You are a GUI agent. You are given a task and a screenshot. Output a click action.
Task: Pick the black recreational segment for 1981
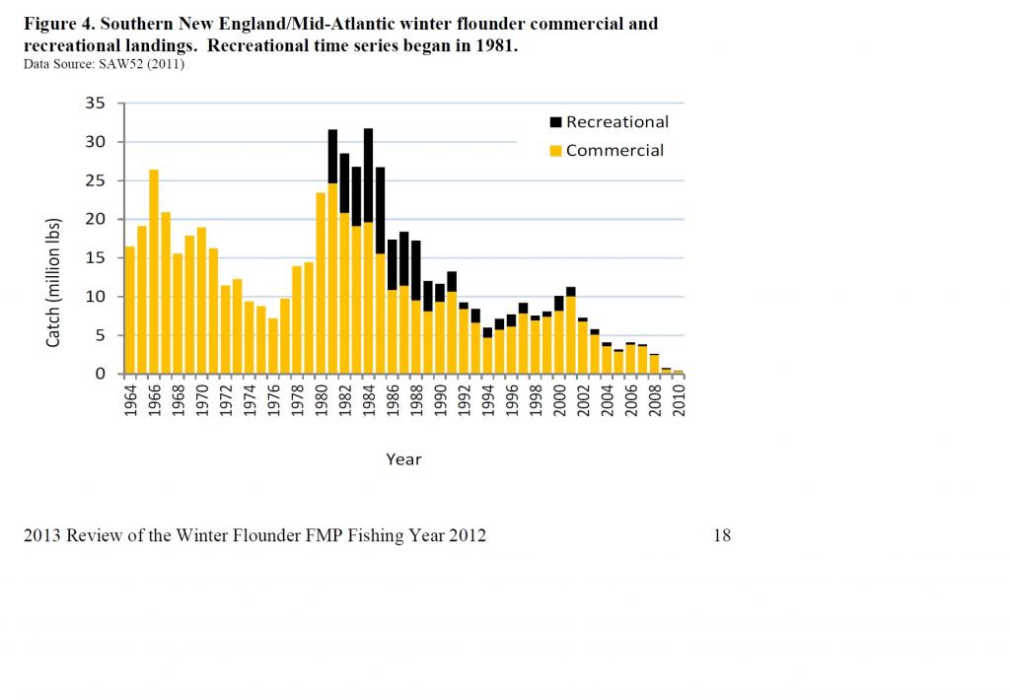tap(332, 156)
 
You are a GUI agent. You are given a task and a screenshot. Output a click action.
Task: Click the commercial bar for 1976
tap(273, 346)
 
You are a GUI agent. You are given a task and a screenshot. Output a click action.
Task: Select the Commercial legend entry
tap(613, 151)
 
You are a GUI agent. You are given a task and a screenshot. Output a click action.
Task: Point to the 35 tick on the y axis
tap(97, 104)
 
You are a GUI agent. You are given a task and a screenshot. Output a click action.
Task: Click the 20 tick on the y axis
tap(97, 219)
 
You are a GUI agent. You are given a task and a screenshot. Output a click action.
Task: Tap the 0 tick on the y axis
tap(102, 374)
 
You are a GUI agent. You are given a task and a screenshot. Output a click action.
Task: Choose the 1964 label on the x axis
tap(130, 400)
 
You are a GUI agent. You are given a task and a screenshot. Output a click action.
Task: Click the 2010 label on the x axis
tap(679, 400)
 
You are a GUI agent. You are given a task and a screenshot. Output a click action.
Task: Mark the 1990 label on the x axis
tap(440, 400)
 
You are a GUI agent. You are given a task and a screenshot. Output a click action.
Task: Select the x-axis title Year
tap(403, 458)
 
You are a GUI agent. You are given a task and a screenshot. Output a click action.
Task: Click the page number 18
tap(721, 535)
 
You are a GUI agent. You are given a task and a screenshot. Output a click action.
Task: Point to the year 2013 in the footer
tap(42, 535)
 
